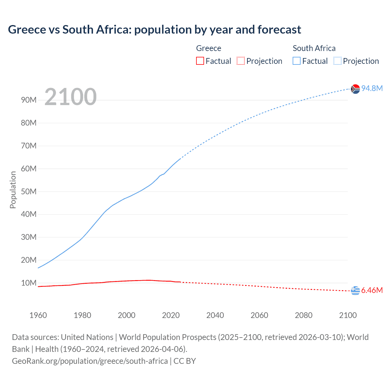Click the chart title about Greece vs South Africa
point(155,30)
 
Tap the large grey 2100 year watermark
point(71,97)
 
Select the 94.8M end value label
point(372,88)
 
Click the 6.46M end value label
point(372,290)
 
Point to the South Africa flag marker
point(355,89)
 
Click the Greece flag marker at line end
point(355,291)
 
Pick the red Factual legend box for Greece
point(200,61)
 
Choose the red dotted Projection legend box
point(241,61)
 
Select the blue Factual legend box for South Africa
point(296,61)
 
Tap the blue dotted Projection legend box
point(338,61)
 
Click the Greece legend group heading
point(209,48)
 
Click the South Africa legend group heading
point(314,48)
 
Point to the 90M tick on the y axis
point(29,100)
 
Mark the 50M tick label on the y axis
point(29,192)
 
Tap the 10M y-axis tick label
point(29,283)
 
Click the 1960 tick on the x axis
point(38,315)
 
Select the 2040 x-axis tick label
point(215,315)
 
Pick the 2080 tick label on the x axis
point(304,315)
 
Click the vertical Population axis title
point(13,190)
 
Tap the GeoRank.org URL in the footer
point(90,361)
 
